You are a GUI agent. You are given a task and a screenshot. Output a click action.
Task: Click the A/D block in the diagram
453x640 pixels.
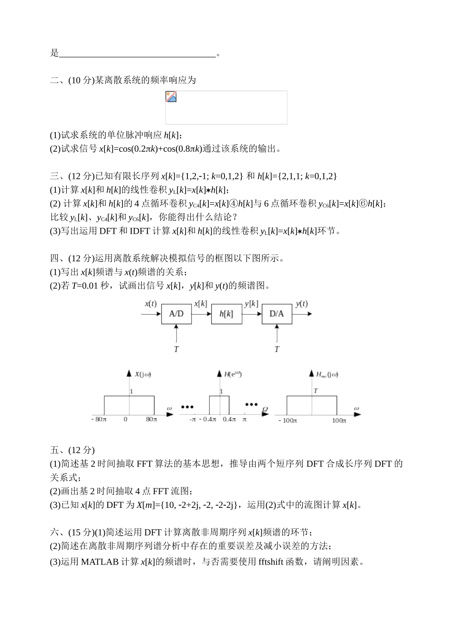click(176, 313)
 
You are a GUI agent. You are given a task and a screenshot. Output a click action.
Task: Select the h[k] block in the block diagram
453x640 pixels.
click(226, 313)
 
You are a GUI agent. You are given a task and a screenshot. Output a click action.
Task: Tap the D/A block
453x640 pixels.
click(277, 313)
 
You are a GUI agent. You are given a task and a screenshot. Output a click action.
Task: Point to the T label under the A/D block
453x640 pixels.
click(176, 349)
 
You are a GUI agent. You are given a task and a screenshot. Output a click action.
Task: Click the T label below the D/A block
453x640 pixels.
click(277, 349)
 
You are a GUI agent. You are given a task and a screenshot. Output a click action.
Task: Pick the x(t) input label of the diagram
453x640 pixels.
click(151, 304)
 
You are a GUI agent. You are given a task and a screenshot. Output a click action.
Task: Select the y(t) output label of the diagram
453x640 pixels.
click(301, 304)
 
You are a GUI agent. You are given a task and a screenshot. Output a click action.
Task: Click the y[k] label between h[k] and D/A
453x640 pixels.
click(251, 304)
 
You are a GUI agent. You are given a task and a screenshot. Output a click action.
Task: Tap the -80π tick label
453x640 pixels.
click(99, 420)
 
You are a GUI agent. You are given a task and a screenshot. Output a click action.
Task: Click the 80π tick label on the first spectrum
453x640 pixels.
click(151, 420)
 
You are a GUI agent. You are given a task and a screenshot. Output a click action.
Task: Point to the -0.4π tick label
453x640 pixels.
click(209, 420)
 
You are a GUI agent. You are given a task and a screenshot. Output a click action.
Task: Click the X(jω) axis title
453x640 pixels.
click(143, 374)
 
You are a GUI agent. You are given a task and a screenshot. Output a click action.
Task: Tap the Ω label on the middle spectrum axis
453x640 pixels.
click(265, 409)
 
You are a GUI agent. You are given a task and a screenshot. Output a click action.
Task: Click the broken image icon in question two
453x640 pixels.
click(171, 97)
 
